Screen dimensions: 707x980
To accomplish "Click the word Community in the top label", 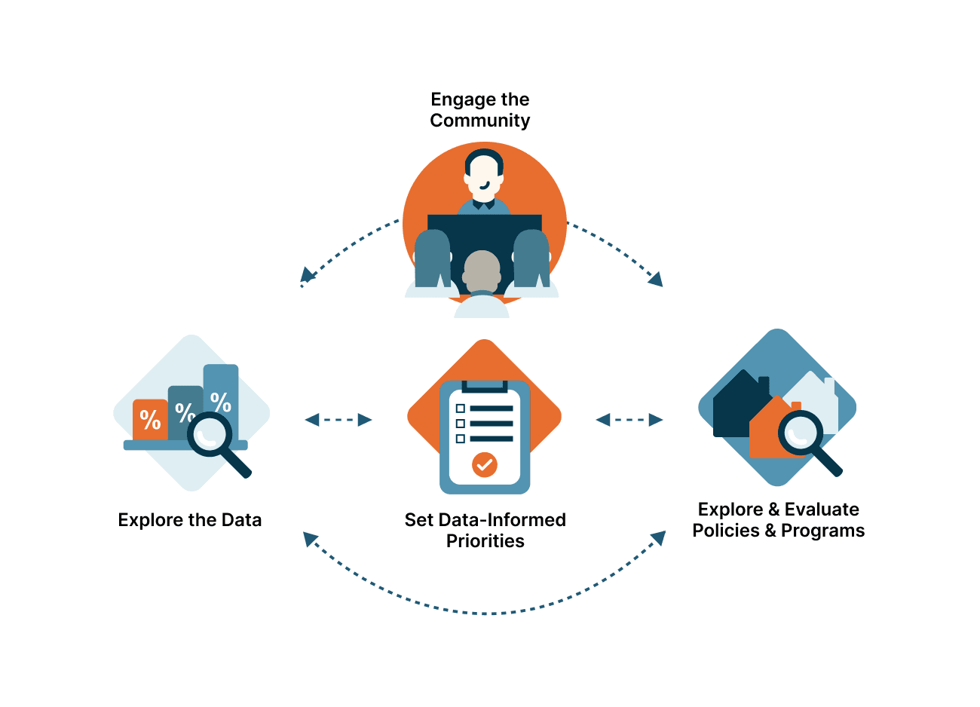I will (x=479, y=121).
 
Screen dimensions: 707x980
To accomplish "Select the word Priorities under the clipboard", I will (x=485, y=541).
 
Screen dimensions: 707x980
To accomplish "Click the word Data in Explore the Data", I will (x=241, y=520).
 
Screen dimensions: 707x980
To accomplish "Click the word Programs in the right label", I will (x=822, y=531).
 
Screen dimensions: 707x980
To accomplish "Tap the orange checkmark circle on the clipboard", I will (x=484, y=464).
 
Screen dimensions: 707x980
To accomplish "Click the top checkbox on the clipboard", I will (x=460, y=409).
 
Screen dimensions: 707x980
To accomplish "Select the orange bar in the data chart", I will (x=149, y=419).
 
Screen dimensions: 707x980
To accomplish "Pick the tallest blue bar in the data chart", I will (x=221, y=392).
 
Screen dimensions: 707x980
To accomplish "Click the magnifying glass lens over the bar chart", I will (x=209, y=434).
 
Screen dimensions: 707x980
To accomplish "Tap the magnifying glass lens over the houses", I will (x=800, y=433).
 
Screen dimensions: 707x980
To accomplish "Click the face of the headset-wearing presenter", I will (x=483, y=175).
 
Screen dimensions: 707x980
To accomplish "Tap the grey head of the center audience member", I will (x=482, y=270).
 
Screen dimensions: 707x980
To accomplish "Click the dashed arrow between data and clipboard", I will (x=338, y=420).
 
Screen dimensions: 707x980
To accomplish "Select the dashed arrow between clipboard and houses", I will (x=629, y=420).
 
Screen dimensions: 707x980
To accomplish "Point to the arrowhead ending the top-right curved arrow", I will (x=656, y=280).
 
